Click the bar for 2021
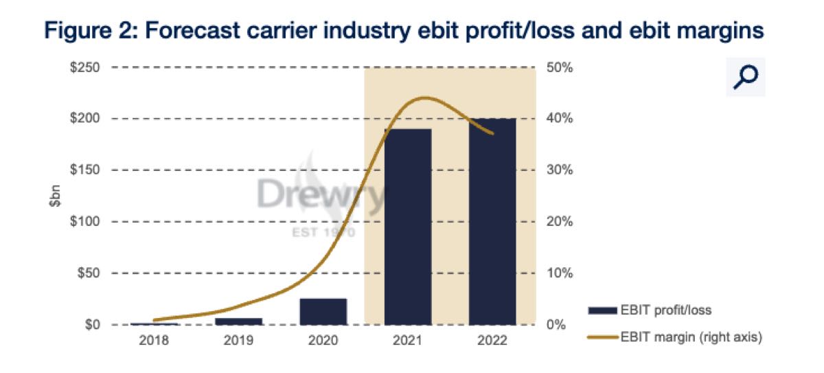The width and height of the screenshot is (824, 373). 408,227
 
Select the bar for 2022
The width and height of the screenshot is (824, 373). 492,221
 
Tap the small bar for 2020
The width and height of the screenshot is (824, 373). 323,311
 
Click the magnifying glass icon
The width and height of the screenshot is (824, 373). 745,77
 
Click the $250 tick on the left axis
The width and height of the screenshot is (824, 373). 86,68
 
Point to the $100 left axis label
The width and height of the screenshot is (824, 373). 86,222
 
